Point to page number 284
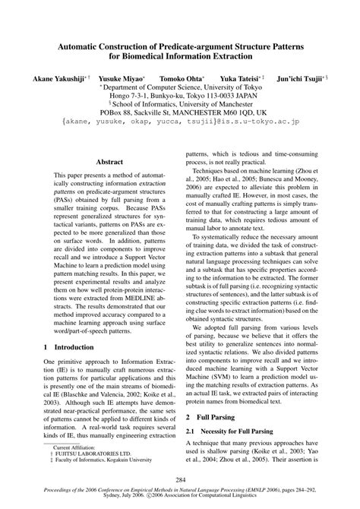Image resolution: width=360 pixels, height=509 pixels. [180, 479]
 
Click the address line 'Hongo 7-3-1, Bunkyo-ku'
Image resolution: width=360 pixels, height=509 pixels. [180, 96]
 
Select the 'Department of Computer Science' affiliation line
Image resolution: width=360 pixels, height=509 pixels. [180, 88]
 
